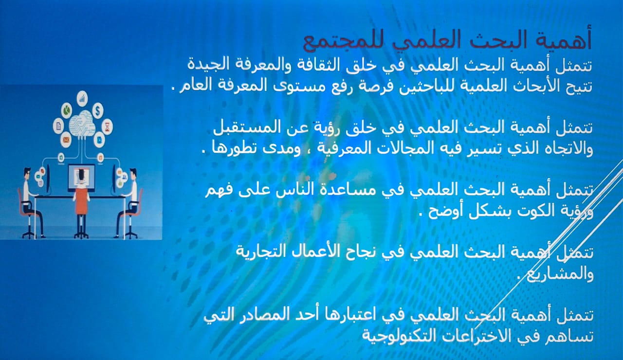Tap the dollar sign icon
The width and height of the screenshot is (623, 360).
coord(98,110)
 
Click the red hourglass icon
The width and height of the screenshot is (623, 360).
coord(108,127)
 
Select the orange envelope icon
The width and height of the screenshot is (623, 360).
coord(66,139)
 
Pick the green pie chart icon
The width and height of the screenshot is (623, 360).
coord(67,110)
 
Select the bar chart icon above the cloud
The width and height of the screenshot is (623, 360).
coord(82,98)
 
